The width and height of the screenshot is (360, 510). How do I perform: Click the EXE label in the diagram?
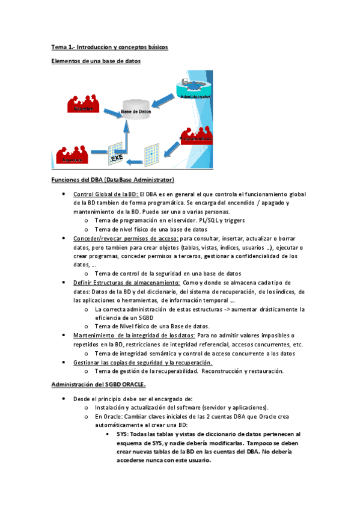pos(117,158)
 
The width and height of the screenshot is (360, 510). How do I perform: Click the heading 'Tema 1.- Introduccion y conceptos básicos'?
pos(109,47)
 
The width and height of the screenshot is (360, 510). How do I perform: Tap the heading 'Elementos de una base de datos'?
pos(96,61)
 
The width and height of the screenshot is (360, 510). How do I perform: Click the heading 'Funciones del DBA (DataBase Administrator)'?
pos(112,180)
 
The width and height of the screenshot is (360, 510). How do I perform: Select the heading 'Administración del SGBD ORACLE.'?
pos(98,384)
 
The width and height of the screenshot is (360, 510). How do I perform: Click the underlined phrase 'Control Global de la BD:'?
pos(106,194)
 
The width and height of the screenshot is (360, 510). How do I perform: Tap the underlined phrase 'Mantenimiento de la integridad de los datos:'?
pos(134,336)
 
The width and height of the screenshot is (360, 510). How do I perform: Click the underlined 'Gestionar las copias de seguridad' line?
pos(142,363)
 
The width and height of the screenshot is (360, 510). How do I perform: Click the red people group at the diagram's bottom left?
pos(72,155)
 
